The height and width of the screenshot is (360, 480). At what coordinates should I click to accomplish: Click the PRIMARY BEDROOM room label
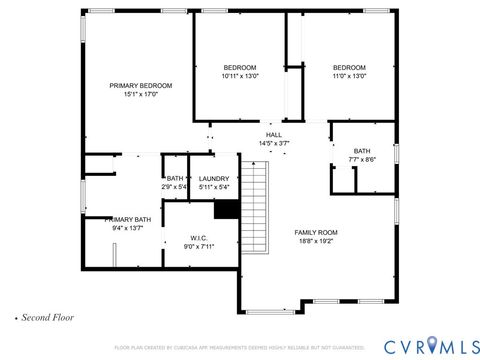[141, 86]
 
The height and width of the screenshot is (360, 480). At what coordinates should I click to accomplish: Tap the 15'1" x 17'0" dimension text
[141, 95]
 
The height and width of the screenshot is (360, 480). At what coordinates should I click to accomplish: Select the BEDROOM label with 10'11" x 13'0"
[240, 67]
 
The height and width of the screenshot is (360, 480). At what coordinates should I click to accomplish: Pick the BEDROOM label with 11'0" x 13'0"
[349, 67]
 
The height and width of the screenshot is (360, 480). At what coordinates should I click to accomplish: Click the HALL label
[273, 134]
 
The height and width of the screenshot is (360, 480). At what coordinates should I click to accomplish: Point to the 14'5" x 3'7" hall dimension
[273, 143]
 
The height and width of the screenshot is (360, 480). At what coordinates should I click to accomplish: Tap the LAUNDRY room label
[214, 178]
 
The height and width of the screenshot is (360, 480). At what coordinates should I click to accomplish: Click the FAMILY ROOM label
[315, 232]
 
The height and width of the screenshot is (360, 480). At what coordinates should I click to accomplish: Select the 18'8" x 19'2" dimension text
[315, 241]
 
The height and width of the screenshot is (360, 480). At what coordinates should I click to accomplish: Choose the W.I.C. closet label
[198, 238]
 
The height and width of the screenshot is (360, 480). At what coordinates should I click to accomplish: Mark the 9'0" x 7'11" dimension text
[198, 246]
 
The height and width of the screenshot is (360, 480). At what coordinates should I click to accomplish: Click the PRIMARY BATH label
[129, 219]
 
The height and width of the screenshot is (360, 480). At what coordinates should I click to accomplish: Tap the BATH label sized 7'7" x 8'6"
[361, 151]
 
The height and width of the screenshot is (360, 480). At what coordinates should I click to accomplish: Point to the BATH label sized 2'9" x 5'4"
[175, 178]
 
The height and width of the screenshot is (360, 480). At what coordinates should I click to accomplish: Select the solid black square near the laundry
[227, 208]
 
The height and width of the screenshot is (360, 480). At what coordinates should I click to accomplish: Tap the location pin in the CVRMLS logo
[432, 345]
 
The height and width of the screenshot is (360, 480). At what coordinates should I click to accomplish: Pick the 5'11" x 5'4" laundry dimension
[214, 187]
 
